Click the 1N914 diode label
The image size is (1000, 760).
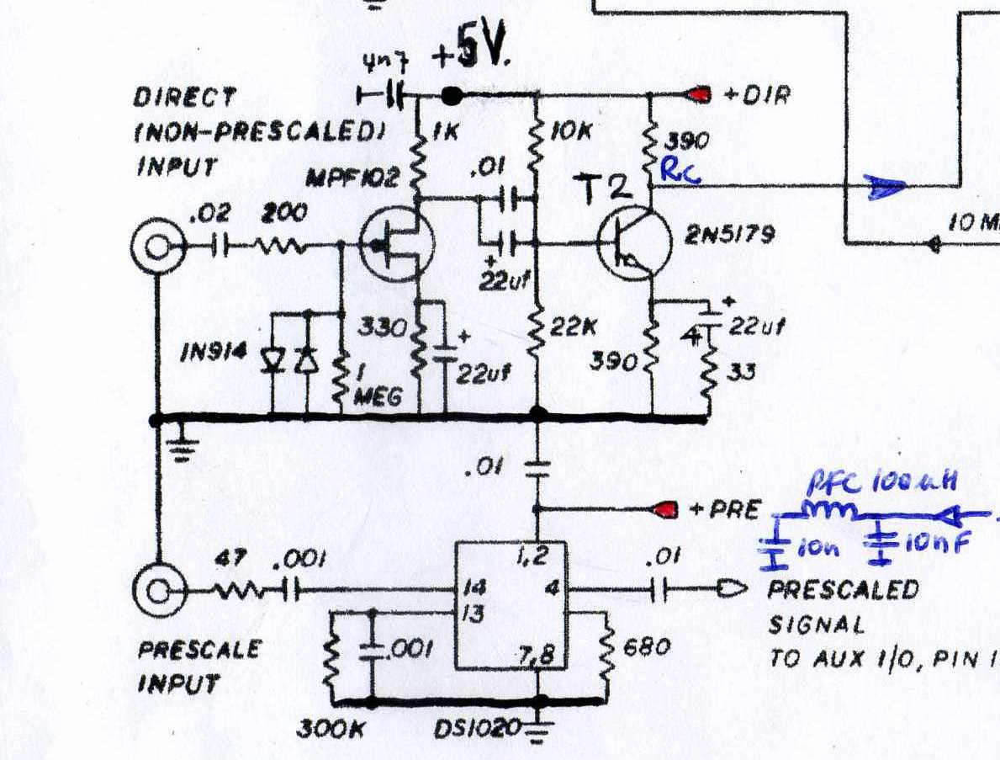(214, 353)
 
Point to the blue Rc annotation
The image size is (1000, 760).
(677, 171)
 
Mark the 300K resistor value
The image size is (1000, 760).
(330, 729)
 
